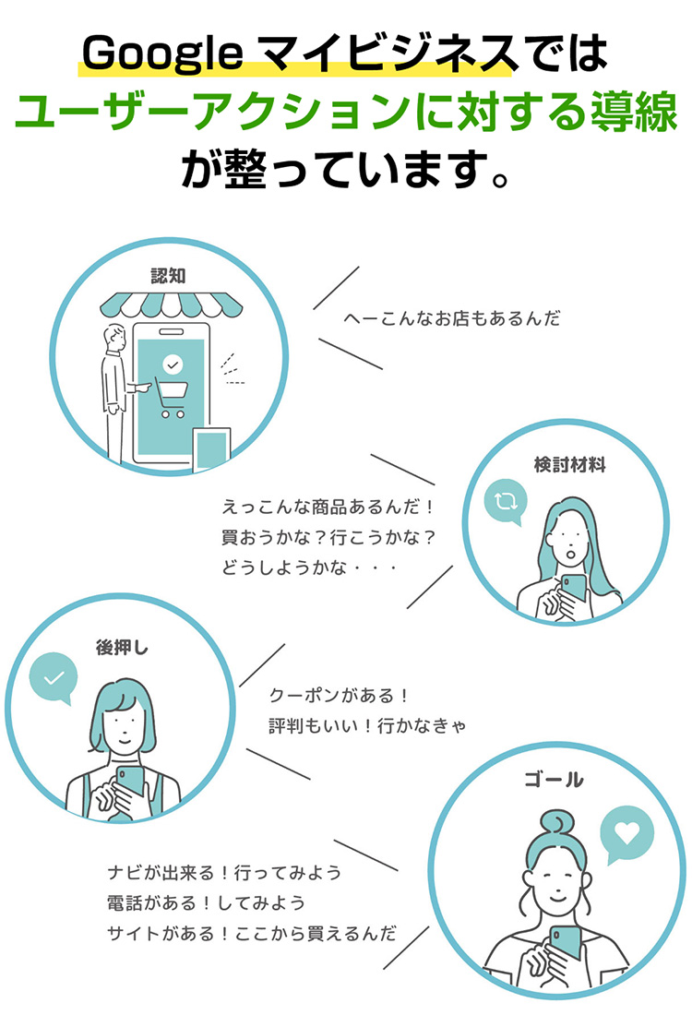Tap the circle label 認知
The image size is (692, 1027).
point(168,275)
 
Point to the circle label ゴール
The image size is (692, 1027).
point(553,781)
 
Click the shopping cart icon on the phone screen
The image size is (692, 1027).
point(171,397)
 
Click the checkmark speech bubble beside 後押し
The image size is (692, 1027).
point(54,679)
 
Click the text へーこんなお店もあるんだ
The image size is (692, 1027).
point(451,319)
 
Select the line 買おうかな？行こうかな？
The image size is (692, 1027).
point(328,537)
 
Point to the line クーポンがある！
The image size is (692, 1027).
point(339,695)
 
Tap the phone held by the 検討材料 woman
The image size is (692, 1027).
point(572,589)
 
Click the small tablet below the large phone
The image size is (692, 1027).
point(210,450)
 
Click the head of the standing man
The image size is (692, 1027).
point(115,338)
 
